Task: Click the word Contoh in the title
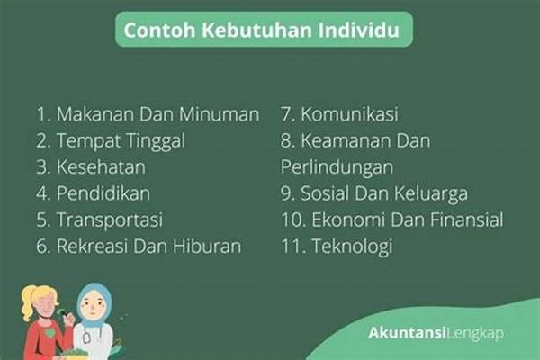click(160, 30)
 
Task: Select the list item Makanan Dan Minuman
click(157, 114)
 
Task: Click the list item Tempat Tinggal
click(121, 141)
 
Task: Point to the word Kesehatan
click(101, 167)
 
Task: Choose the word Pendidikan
click(103, 193)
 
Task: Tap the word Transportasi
click(110, 220)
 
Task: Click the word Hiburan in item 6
click(207, 247)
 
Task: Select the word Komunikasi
click(349, 114)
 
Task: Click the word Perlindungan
click(337, 167)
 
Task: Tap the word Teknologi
click(352, 247)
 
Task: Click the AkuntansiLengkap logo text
click(436, 333)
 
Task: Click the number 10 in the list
click(293, 220)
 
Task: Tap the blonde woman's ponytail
click(27, 304)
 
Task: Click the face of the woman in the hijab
click(92, 307)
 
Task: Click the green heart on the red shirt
click(50, 334)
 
